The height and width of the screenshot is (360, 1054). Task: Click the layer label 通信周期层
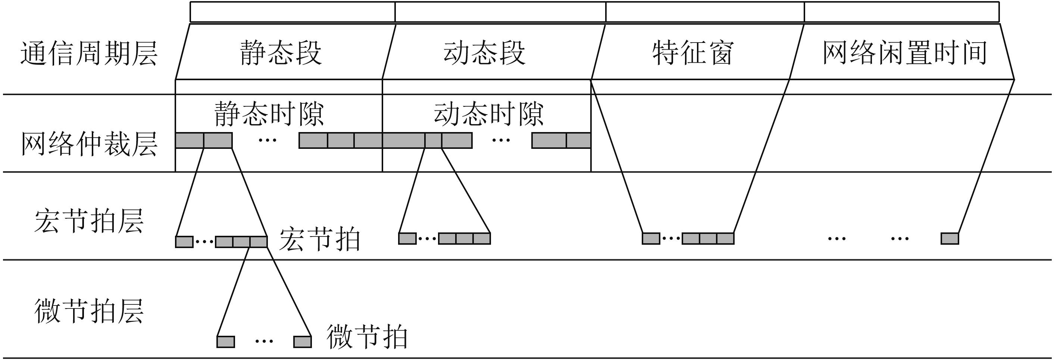89,54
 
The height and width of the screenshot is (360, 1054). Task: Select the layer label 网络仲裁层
89,144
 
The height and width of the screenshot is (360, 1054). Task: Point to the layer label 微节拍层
89,311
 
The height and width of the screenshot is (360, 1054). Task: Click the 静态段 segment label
281,53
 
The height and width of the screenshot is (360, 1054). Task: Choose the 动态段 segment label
484,53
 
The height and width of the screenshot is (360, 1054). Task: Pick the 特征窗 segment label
693,53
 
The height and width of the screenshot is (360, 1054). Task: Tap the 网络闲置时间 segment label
905,53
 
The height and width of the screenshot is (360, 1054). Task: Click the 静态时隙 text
269,114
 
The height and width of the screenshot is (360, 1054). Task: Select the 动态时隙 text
488,114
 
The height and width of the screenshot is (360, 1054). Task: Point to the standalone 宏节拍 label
319,240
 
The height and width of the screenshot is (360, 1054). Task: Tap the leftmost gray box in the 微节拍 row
225,342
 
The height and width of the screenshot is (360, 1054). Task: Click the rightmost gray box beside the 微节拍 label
302,342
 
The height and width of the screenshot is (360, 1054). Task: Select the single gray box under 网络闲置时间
950,238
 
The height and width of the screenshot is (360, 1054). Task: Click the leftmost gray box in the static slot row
190,140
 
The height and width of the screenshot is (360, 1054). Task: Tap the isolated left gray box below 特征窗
651,238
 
